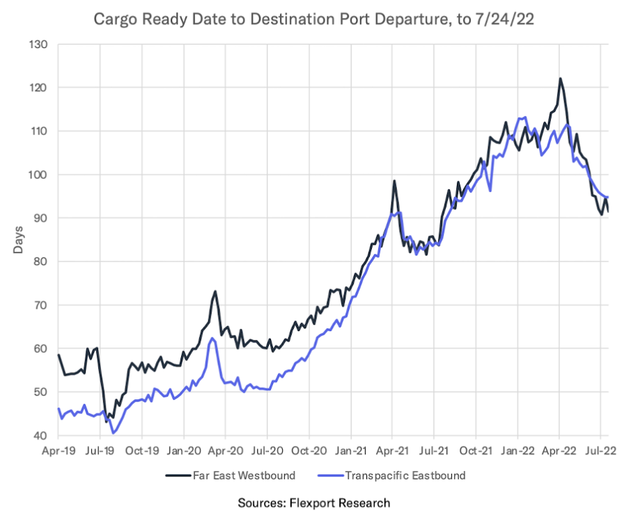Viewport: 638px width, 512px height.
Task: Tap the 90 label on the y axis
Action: point(40,218)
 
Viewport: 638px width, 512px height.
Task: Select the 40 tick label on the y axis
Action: point(40,436)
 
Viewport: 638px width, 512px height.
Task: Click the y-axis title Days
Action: point(19,240)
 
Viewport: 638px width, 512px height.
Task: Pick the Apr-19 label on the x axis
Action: point(59,451)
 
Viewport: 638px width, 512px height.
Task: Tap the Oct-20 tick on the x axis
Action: point(309,451)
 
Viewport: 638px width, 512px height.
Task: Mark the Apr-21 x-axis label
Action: point(392,451)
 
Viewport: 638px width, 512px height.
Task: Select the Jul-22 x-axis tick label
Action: point(600,451)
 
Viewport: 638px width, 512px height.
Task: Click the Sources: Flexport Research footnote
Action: point(314,502)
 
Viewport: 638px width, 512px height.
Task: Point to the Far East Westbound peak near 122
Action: point(560,79)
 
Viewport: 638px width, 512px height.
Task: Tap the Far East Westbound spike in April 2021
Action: point(394,181)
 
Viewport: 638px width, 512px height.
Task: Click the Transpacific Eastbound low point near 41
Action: point(113,433)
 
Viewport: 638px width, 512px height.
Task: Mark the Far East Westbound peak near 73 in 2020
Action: point(215,291)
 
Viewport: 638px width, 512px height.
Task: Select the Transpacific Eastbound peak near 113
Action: point(522,118)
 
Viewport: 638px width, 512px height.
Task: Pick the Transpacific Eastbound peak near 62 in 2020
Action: point(212,338)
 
